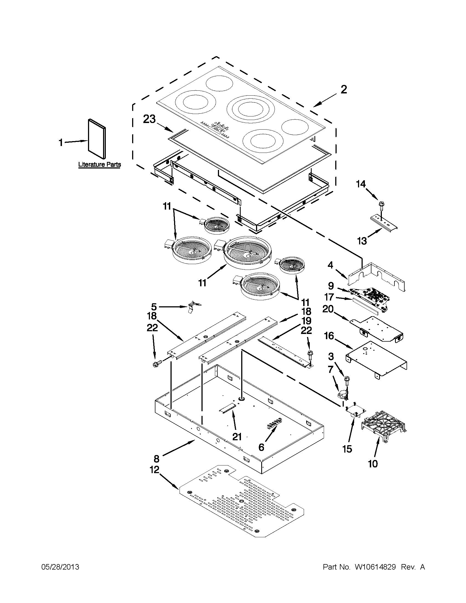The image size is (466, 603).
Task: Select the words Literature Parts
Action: pos(100,165)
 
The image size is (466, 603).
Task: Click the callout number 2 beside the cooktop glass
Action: pos(343,90)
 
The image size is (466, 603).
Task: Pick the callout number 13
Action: pos(362,241)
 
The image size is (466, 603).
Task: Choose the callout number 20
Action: pos(328,309)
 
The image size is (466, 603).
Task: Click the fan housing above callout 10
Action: pos(384,425)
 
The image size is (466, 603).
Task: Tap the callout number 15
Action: pos(347,449)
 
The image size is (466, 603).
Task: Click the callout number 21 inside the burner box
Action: pos(237,437)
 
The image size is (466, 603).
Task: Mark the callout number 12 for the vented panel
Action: pos(155,470)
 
